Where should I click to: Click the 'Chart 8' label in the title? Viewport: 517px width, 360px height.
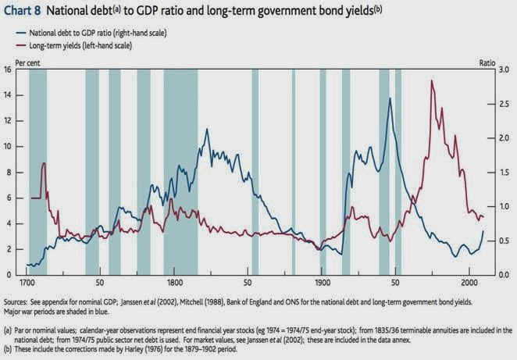[x=24, y=12]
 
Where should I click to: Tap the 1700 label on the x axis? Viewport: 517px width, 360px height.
[x=28, y=281]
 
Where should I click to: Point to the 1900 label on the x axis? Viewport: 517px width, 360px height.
[x=321, y=281]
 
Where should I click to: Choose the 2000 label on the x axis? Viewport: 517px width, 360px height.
[x=467, y=281]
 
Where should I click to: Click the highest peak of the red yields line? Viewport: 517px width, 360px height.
[x=431, y=80]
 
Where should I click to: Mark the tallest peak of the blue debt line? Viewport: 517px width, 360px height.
[x=390, y=98]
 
